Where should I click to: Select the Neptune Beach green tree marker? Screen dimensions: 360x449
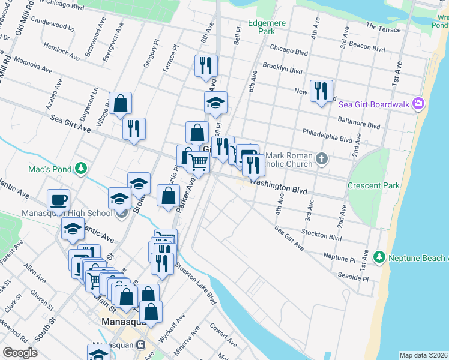[379, 257]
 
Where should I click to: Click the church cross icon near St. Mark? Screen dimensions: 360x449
[322, 159]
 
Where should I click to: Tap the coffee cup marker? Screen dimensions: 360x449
[59, 199]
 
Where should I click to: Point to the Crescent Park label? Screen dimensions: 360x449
[373, 185]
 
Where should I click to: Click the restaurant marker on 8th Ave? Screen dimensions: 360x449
[206, 65]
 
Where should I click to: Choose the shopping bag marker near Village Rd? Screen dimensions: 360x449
[121, 103]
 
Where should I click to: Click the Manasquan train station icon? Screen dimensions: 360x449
[140, 345]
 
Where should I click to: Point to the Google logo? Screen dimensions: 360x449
[20, 353]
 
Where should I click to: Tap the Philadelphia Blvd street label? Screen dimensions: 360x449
[327, 134]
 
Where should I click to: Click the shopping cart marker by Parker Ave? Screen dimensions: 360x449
[198, 161]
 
